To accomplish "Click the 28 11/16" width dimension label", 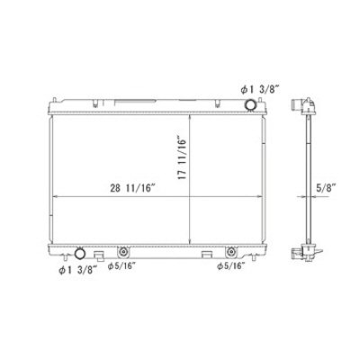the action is [132, 188].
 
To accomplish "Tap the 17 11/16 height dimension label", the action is [182, 158].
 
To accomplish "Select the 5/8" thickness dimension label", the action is [326, 188].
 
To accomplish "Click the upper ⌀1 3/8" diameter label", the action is [260, 90].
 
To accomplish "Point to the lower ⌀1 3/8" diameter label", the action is [77, 270].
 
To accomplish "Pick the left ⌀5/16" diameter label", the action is [121, 266].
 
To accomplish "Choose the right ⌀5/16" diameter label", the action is [231, 265].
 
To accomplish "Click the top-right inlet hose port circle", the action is [250, 104].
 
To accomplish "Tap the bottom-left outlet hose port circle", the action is [80, 254].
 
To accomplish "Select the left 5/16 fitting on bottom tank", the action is [122, 252].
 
